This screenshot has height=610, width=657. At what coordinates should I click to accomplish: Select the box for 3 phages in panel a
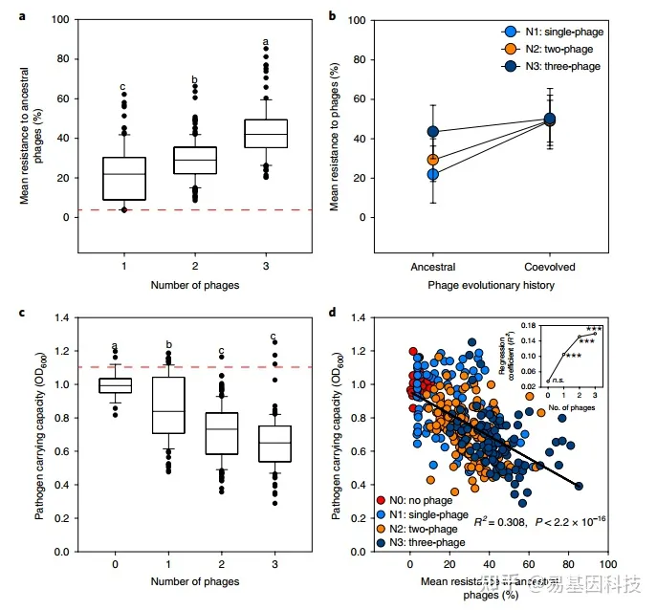click(x=266, y=133)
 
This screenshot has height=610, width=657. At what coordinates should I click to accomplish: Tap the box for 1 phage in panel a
click(x=123, y=178)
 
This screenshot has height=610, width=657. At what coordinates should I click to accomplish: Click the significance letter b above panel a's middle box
click(x=195, y=80)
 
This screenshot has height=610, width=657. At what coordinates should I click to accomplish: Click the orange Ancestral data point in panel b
click(x=432, y=160)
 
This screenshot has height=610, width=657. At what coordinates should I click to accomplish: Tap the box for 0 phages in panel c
click(x=116, y=384)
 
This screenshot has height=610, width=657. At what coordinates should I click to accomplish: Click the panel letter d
click(x=332, y=311)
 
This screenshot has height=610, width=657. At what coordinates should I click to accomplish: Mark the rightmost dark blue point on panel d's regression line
click(x=580, y=486)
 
